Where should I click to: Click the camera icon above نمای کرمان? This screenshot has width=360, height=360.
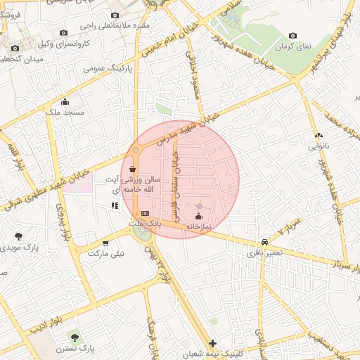click(292, 36)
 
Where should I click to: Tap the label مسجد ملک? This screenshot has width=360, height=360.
click(64, 112)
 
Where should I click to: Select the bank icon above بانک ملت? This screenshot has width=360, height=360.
click(145, 212)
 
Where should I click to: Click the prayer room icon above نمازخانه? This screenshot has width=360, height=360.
click(198, 216)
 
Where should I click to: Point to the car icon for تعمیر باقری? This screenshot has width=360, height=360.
click(264, 240)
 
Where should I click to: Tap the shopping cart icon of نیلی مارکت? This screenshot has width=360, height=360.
click(105, 243)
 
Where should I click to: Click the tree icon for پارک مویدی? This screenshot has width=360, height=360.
click(18, 236)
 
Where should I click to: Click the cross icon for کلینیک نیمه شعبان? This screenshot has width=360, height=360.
click(213, 343)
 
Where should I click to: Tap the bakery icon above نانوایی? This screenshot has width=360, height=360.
click(319, 135)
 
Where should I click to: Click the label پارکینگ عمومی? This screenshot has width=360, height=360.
click(109, 69)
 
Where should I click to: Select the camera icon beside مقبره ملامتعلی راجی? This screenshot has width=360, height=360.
click(114, 15)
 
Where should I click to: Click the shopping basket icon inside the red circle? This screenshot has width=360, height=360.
click(133, 169)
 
